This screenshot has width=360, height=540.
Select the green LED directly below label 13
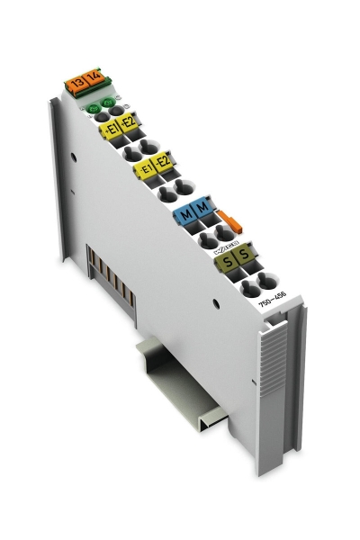[92, 112]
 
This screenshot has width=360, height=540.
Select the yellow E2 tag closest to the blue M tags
[163, 162]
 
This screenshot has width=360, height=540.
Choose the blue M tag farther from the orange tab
[185, 216]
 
